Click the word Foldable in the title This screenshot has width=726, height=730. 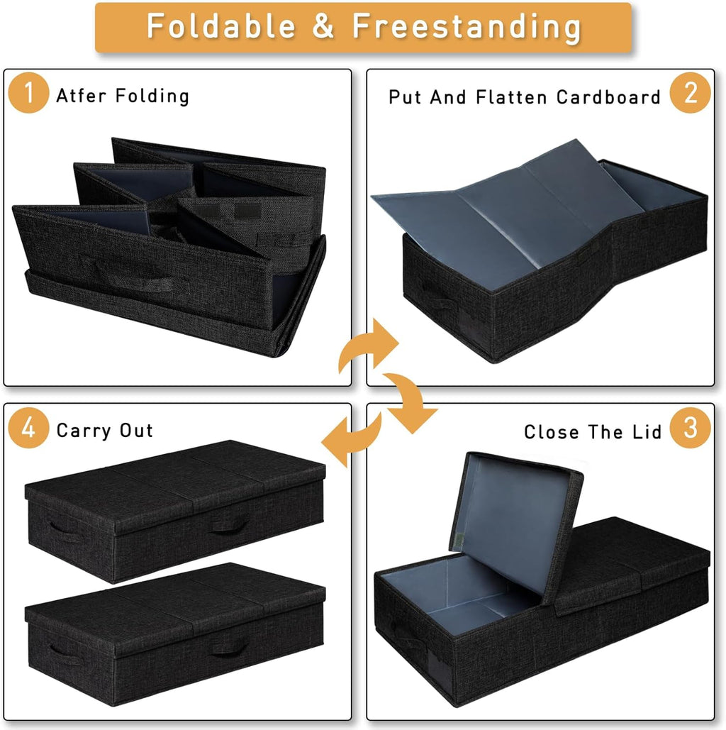pos(220,26)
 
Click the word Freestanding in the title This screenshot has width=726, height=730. pos(466,26)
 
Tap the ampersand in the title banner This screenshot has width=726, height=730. pos(323,26)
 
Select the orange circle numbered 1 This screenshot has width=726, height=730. pos(28,95)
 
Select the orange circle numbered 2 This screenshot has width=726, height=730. pos(690,94)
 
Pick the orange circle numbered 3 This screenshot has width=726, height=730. pos(690,428)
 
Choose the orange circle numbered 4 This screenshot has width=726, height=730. pos(28,429)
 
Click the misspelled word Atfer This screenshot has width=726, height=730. pos(80,96)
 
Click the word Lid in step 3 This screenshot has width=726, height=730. pos(646,431)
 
